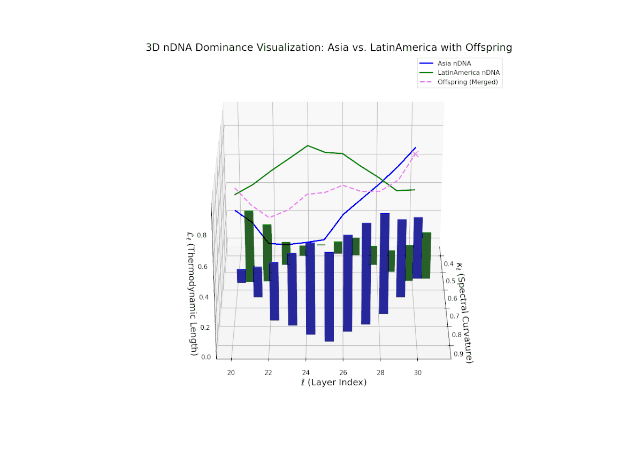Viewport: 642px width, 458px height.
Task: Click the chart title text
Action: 328,48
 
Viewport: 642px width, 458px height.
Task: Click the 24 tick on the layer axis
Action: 305,372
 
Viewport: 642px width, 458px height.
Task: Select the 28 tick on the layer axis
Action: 380,372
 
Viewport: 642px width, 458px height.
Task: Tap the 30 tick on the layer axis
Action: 417,372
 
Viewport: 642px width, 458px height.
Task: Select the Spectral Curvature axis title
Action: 464,310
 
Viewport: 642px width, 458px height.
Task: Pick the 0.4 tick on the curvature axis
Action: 449,264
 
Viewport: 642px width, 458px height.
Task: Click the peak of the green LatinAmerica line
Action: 308,145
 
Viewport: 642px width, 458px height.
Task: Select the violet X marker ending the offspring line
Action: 415,154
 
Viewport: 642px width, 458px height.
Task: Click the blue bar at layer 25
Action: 329,297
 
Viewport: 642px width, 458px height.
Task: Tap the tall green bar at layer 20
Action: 249,246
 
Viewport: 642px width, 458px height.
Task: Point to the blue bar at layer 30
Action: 418,247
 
